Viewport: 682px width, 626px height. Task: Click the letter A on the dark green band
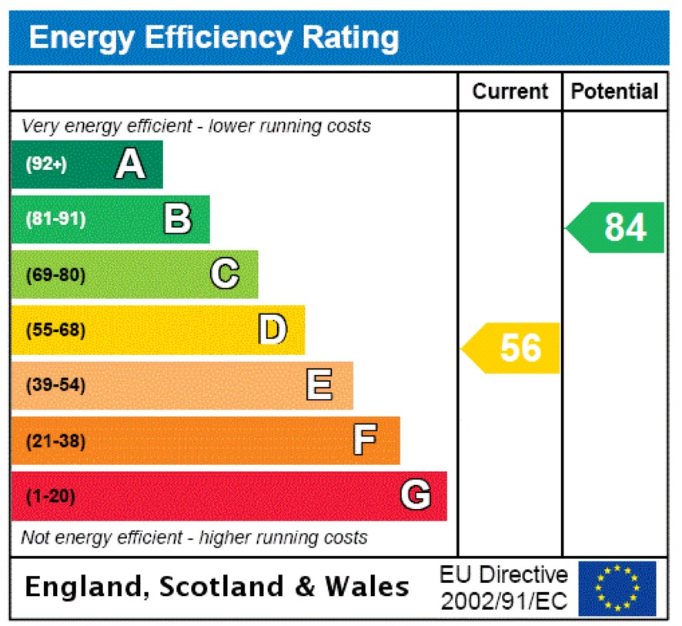point(130,164)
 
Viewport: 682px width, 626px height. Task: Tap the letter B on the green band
point(178,219)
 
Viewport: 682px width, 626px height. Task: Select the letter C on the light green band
point(225,274)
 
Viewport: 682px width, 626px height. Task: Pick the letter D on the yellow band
point(272,330)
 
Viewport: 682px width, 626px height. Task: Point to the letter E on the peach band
point(319,385)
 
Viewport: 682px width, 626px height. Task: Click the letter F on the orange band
point(365,440)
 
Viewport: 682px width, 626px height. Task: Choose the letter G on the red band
point(416,496)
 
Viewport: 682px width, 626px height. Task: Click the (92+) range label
point(46,164)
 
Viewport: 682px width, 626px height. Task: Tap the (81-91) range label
point(55,219)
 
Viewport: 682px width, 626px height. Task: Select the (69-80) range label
point(55,275)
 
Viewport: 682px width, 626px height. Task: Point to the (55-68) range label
point(55,330)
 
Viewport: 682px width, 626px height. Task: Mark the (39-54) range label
point(55,386)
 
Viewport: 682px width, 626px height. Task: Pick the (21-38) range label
point(55,441)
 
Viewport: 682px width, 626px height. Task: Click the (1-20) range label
point(51,497)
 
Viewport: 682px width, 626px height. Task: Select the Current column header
point(510,92)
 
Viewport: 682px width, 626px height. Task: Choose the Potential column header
point(615,92)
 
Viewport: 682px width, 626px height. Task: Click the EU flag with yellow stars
point(617,588)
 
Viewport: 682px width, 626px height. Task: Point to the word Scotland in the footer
point(222,588)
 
